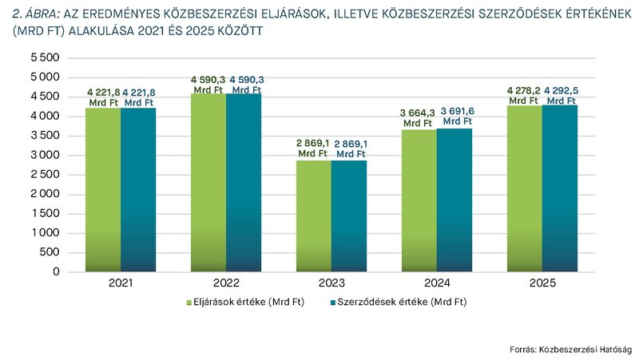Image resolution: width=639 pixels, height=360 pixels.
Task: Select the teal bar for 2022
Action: point(244,183)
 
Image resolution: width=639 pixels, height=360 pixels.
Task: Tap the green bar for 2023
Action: point(314,216)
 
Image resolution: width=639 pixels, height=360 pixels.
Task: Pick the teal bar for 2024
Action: point(454,200)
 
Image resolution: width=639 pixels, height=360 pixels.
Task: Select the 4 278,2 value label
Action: point(524,96)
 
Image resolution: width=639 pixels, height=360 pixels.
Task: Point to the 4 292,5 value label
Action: point(561,96)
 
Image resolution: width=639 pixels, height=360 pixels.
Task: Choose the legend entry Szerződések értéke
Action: point(397,303)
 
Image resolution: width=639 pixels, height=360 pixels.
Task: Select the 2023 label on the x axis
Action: point(331,283)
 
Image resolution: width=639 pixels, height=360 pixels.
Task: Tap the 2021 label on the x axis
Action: point(121,283)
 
